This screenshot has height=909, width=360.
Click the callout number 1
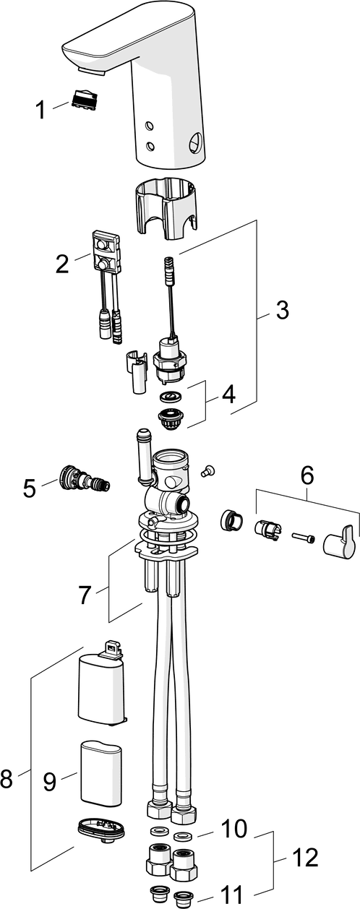[x=40, y=110]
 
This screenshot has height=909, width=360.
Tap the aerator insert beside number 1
[x=85, y=98]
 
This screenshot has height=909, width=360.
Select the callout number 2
[x=62, y=263]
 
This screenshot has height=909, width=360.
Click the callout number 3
[x=281, y=310]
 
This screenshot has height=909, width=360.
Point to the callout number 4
[x=229, y=394]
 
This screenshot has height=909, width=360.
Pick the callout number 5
[x=30, y=488]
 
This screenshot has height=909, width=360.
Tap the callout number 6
[x=307, y=475]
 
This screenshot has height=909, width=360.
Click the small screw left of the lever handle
[x=303, y=538]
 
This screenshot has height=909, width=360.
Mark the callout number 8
[x=6, y=778]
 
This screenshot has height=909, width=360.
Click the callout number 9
[x=49, y=781]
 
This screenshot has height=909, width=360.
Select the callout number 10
[x=234, y=828]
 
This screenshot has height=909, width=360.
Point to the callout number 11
[x=231, y=895]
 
